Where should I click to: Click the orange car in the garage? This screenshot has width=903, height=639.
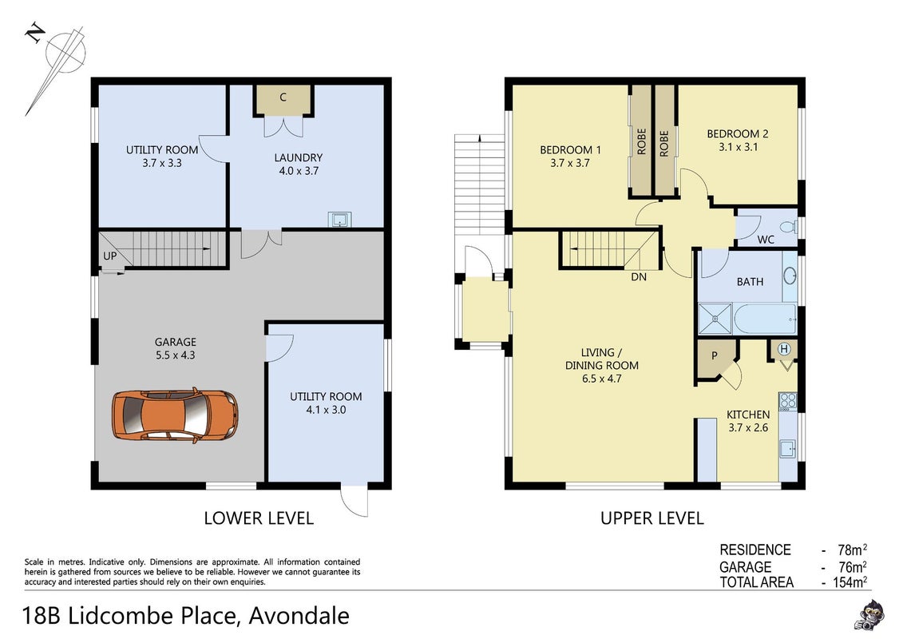coord(175,415)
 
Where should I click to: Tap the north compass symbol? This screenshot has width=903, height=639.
coord(57,63)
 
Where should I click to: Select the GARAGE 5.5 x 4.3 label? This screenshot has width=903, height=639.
coord(175,348)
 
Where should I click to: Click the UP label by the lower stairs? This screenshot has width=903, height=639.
coord(109,256)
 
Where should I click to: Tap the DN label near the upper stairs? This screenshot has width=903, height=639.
coord(639,277)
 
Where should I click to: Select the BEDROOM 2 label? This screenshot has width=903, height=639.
coord(738,134)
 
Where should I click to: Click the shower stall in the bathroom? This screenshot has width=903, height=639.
coord(715,319)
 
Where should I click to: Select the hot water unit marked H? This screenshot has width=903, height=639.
coord(784,349)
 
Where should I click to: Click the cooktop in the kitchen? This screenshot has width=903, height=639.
coord(788,402)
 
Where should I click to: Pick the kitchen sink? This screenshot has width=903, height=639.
coord(788,448)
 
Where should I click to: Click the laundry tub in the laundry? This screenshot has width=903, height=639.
coord(340,220)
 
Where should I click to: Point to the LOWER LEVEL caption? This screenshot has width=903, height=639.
coord(259,518)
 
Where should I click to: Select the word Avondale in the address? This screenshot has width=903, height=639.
coord(299,616)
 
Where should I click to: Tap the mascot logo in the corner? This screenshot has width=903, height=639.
coord(869,615)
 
